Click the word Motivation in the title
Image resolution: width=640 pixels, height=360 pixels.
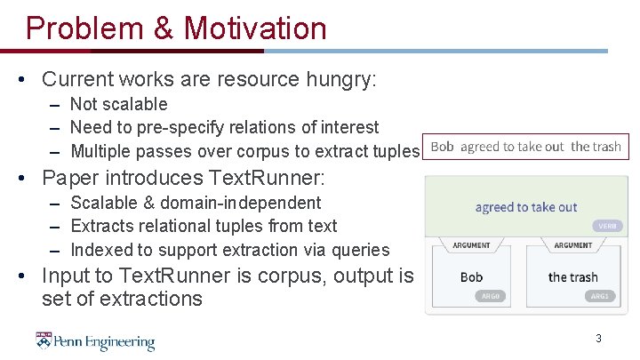[255, 28]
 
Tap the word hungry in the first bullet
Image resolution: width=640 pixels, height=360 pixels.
[334, 80]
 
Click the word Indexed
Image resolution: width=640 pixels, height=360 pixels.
[102, 250]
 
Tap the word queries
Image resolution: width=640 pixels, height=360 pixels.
[359, 250]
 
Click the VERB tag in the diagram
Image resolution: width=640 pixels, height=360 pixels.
[606, 227]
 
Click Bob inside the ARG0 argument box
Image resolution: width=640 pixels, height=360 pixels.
[471, 276]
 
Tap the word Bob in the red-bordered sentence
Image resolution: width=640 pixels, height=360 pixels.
[442, 146]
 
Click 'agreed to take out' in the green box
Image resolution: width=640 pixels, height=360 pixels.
[526, 207]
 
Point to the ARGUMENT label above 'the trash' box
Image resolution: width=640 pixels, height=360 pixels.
[573, 245]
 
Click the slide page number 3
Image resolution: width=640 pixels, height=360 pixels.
[598, 338]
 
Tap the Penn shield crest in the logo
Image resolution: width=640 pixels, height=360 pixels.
[44, 340]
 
